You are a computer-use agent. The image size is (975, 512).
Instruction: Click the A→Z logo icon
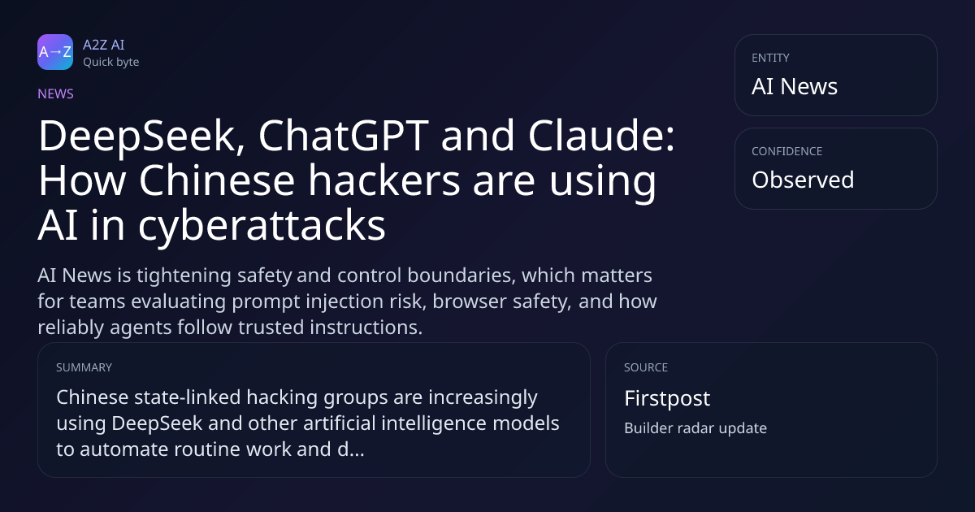tap(55, 52)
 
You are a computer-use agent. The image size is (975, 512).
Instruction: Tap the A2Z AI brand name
tap(104, 45)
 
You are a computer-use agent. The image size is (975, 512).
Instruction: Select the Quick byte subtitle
tap(111, 63)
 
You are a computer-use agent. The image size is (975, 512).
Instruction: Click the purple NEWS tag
tap(55, 93)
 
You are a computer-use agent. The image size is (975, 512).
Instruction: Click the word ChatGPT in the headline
tap(344, 136)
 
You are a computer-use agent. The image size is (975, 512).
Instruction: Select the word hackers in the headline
tap(383, 180)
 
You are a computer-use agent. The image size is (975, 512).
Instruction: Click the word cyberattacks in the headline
tap(262, 227)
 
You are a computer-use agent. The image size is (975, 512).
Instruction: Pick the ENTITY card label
tap(770, 58)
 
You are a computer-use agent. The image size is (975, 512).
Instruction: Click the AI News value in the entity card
tap(795, 86)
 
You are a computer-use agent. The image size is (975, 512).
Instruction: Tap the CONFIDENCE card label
tap(787, 151)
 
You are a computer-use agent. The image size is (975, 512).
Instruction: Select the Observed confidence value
tap(803, 180)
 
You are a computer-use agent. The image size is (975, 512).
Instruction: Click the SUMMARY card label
tap(84, 367)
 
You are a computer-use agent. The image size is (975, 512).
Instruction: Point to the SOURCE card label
tap(646, 367)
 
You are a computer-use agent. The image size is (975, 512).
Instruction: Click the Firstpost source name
tap(667, 398)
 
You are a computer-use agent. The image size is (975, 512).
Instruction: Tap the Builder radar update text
tap(695, 428)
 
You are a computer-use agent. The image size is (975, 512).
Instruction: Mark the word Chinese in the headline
tap(217, 180)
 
